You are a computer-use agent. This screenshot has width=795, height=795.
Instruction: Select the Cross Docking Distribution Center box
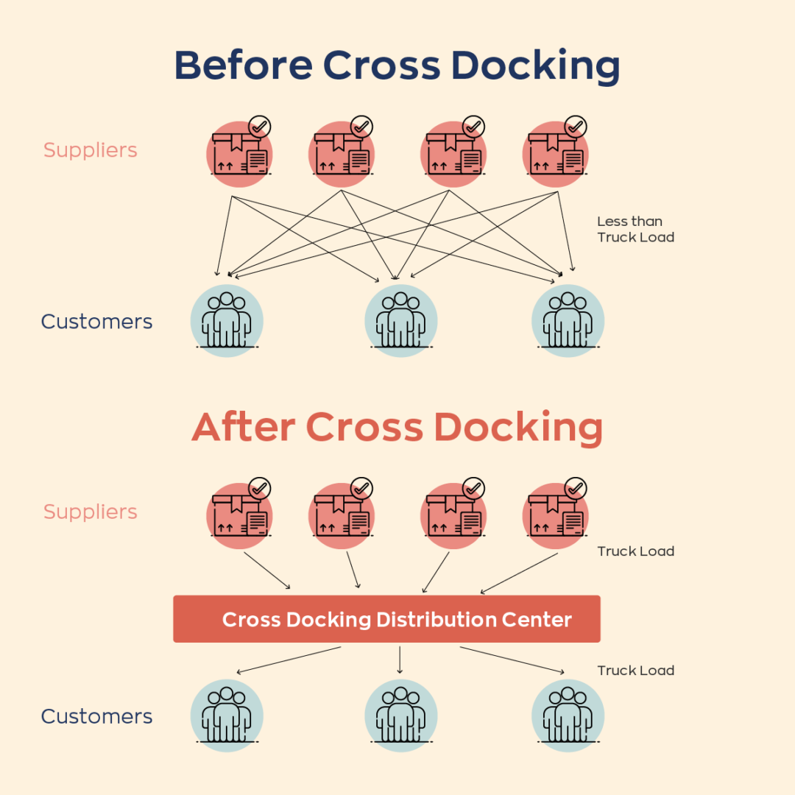coord(386,619)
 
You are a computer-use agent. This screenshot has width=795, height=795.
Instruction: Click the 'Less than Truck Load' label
coord(635,229)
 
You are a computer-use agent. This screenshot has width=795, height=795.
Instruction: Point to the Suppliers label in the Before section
coord(91,150)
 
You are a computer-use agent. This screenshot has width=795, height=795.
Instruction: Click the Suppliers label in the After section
coord(91,512)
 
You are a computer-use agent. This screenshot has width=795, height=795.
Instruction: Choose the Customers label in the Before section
coord(96,322)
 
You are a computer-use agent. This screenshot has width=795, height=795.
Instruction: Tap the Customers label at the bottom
coord(96,716)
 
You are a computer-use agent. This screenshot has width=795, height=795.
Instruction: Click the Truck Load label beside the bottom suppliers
coord(635,551)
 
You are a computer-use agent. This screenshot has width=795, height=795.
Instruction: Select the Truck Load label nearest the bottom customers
coord(635,671)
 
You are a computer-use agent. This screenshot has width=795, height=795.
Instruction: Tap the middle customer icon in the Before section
coord(400,321)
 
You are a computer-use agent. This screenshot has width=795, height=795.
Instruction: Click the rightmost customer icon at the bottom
coord(568,715)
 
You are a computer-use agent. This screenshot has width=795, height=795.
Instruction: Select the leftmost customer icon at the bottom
coord(227,715)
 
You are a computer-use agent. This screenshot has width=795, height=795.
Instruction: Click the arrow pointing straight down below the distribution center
coord(400,660)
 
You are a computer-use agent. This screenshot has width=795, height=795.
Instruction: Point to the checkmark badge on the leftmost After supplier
coord(259,488)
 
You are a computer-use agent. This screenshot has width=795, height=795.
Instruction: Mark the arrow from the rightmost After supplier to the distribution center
coord(519,573)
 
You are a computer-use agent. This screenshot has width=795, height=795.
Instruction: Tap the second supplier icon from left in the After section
coord(342,515)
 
